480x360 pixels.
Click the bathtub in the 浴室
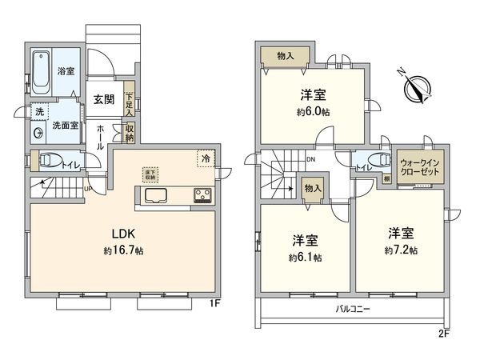[x=42, y=74]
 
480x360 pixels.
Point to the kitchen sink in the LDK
[x=154, y=198]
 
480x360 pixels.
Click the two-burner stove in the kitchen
[x=201, y=197]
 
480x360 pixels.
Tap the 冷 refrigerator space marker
[x=206, y=158]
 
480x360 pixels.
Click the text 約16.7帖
[x=123, y=250]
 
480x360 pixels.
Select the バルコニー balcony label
[x=350, y=308]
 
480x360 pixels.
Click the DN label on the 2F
[x=310, y=159]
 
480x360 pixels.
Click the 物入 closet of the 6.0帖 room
[x=286, y=56]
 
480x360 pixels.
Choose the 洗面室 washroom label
[x=65, y=126]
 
